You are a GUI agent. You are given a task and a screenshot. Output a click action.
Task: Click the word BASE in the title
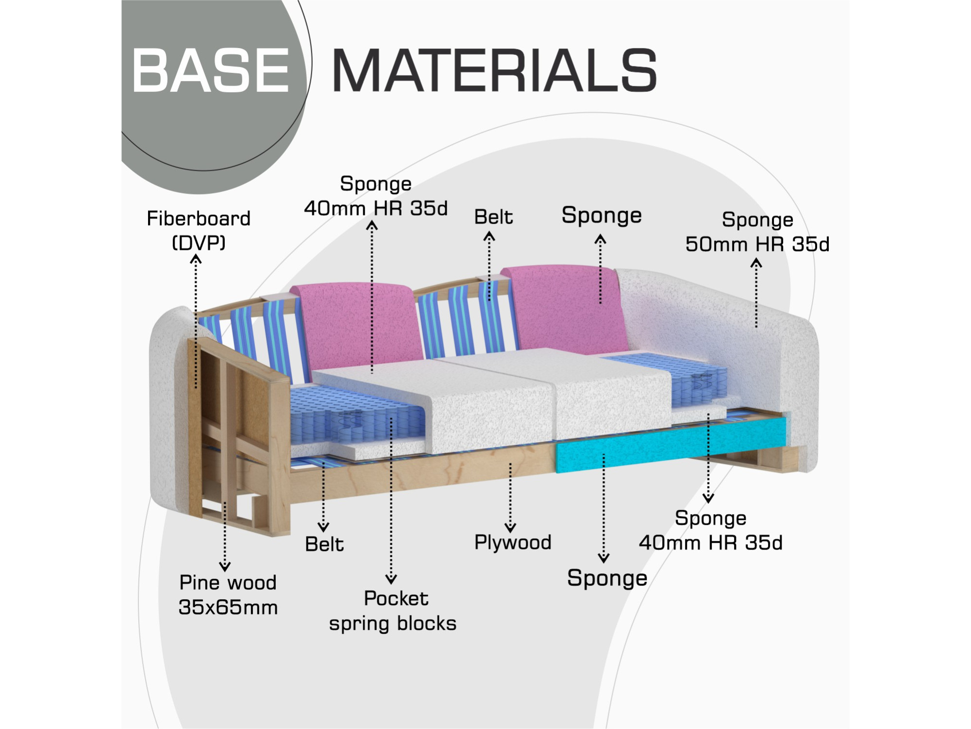pos(210,70)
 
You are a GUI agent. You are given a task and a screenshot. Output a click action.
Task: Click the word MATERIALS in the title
pos(494,70)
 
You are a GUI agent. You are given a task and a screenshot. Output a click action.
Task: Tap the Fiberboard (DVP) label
pos(199,230)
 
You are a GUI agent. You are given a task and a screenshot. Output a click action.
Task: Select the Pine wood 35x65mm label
pos(228,595)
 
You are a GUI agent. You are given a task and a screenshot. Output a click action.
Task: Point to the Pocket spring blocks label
pos(393,611)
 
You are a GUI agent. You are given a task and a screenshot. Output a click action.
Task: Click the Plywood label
pos(513,542)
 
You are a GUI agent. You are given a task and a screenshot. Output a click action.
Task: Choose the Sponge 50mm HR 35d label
pos(757,232)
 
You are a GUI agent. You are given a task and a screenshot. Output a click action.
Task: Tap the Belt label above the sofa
pos(493,217)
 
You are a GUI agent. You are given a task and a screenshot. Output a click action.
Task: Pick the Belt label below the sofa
pos(324,544)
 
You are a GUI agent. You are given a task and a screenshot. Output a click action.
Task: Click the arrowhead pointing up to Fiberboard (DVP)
pos(195,260)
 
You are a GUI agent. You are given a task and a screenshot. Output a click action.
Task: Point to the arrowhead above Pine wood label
pos(225,567)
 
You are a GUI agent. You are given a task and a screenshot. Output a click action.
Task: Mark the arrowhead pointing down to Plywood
pos(510,527)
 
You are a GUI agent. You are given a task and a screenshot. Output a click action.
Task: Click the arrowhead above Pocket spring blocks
pos(391,579)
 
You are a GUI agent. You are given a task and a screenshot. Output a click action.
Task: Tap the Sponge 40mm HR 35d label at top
pos(376,196)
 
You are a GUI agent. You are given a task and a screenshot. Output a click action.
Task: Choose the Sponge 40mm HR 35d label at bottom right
pos(711,530)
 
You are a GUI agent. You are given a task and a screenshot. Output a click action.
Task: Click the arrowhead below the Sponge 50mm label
pos(756,263)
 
